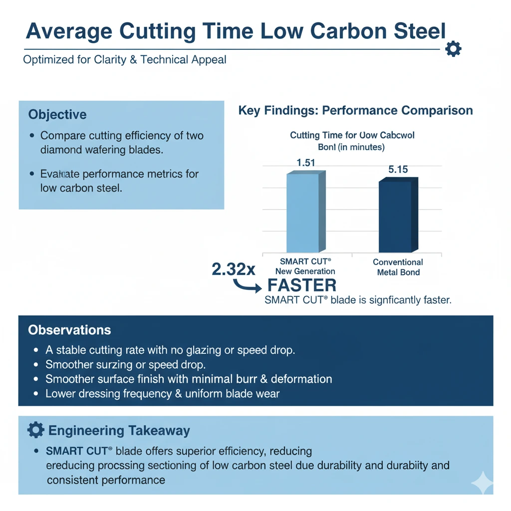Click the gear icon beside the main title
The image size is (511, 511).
click(x=453, y=49)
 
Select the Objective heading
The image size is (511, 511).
click(x=57, y=114)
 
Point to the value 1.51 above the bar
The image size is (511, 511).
click(x=305, y=163)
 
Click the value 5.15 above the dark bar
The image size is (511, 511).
click(x=398, y=170)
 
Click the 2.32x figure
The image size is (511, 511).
click(x=234, y=269)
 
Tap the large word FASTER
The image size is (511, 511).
click(x=302, y=285)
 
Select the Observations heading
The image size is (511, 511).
click(x=69, y=330)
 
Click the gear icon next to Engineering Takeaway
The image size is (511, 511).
click(x=35, y=430)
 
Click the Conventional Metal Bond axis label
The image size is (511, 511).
click(x=398, y=267)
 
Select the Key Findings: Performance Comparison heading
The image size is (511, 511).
click(x=355, y=110)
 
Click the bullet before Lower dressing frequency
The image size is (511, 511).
click(x=35, y=394)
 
